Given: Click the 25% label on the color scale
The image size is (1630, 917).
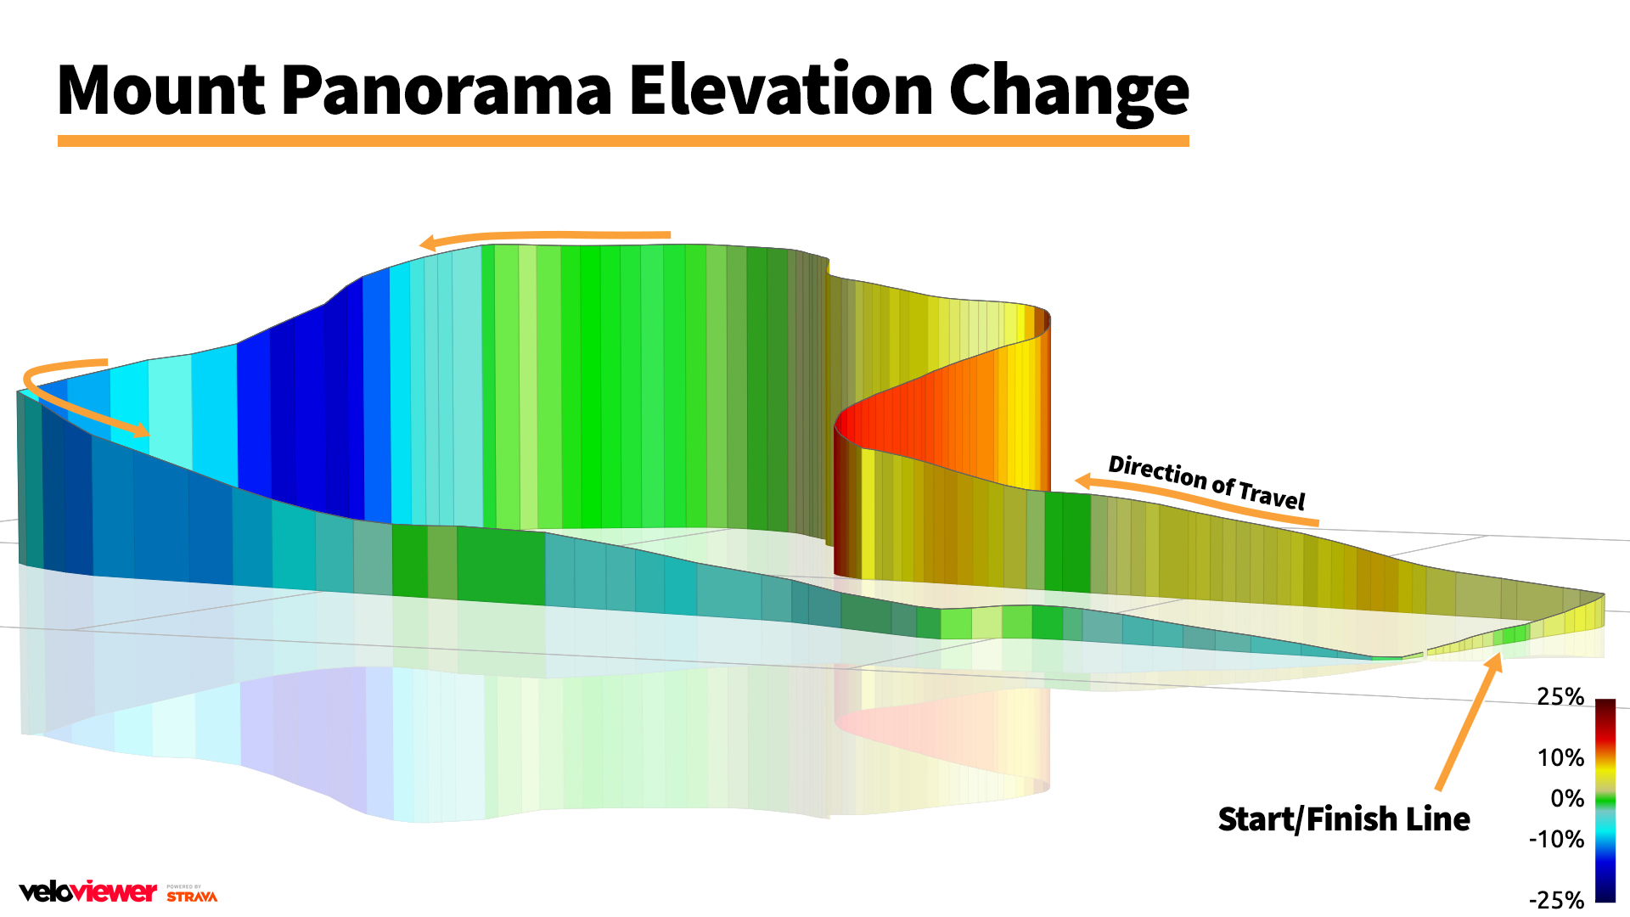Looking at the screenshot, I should [1560, 697].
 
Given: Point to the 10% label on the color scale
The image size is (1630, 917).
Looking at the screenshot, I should [1560, 757].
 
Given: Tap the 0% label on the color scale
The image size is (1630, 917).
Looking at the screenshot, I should [1566, 799].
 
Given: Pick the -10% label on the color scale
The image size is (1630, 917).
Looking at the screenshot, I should [1556, 840].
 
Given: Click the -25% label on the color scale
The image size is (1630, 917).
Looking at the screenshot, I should [1556, 900].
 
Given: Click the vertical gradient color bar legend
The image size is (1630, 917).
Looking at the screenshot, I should [1605, 798].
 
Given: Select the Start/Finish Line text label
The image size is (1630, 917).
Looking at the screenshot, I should [1343, 819].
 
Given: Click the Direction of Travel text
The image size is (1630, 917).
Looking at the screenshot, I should [1206, 481].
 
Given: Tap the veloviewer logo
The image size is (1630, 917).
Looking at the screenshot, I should [88, 892].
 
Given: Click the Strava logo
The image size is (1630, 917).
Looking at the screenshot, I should [192, 894].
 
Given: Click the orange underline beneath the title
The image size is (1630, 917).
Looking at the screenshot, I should [622, 141].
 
